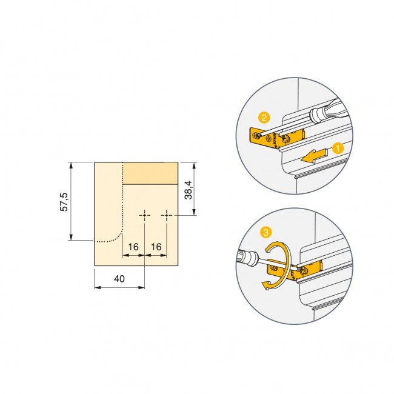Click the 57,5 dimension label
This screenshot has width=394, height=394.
click(x=64, y=202)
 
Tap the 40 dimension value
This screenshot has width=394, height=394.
click(x=119, y=279)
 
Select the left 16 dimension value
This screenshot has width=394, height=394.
click(x=133, y=247)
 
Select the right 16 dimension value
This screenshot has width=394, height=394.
click(x=156, y=247)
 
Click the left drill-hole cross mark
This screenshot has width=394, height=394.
click(x=145, y=215)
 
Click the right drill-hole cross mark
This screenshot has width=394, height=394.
click(x=167, y=215)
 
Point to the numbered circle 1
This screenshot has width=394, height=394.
click(x=338, y=149)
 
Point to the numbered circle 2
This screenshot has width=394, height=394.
click(x=264, y=118)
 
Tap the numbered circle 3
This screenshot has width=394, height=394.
click(x=265, y=232)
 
